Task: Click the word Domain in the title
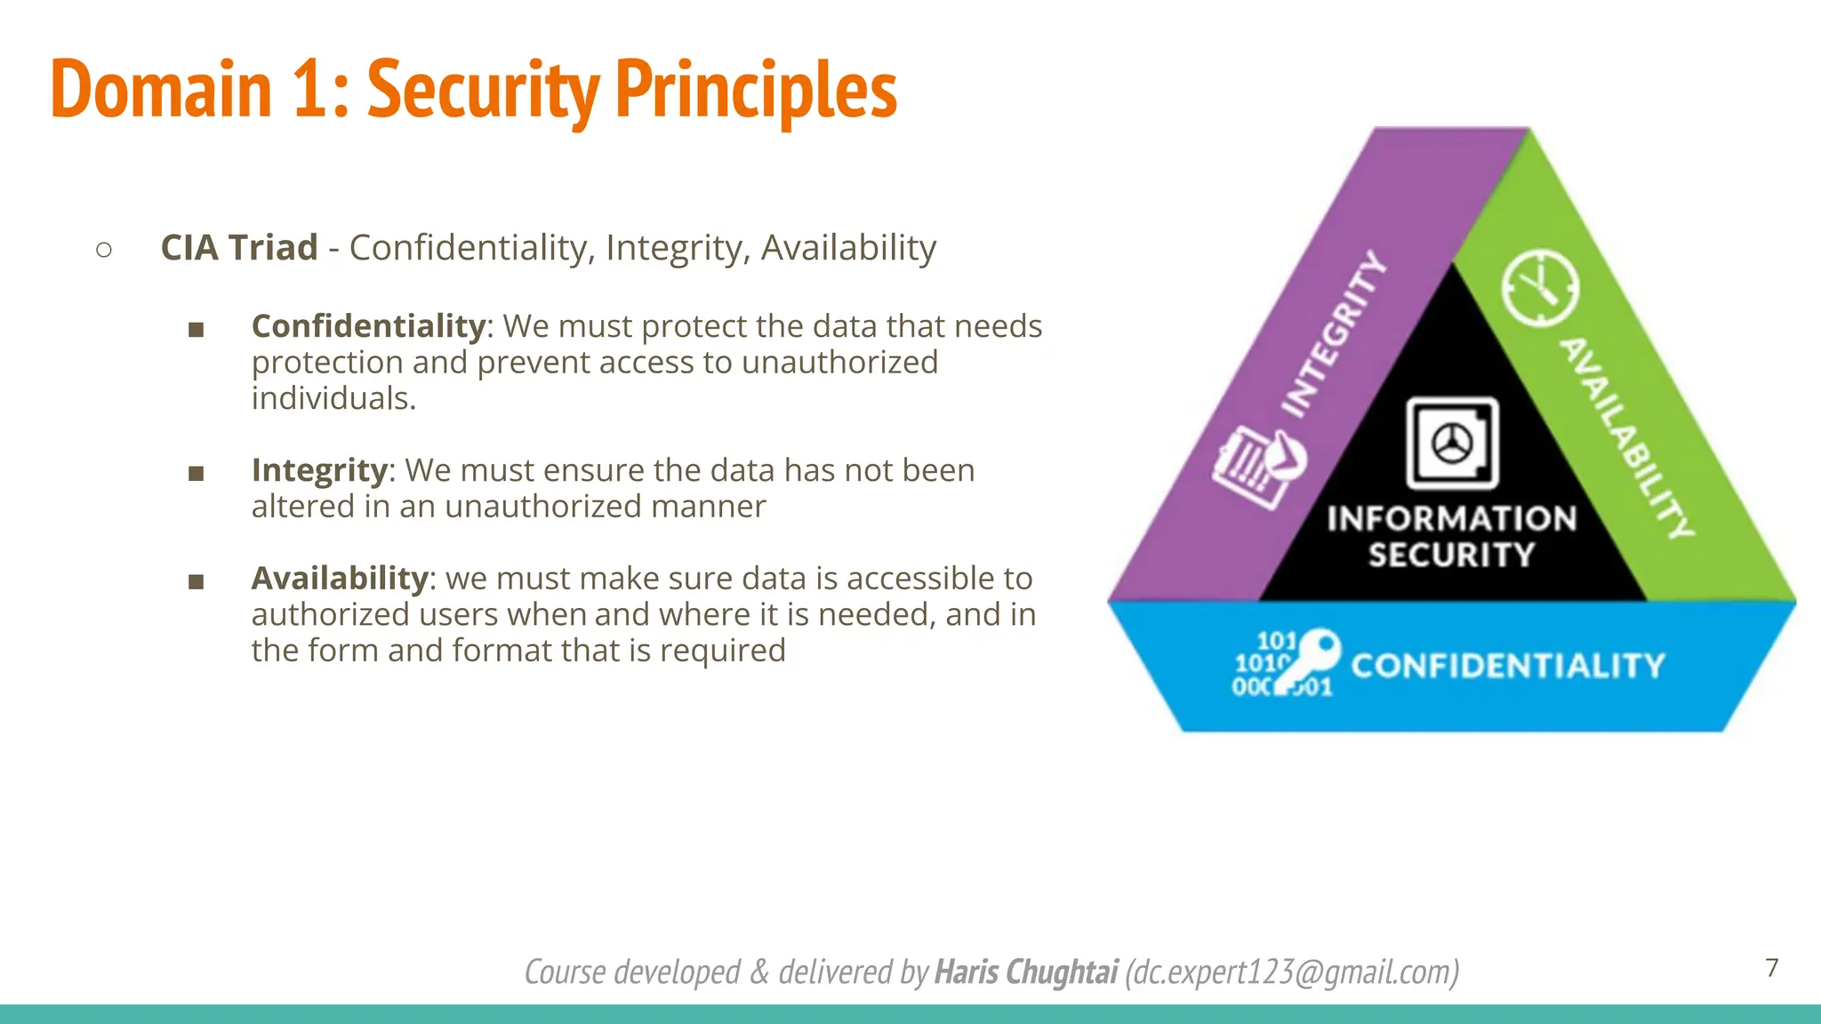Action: click(x=161, y=89)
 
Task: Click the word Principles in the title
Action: click(x=756, y=89)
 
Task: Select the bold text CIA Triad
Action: click(x=238, y=247)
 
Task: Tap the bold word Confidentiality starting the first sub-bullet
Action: click(x=368, y=326)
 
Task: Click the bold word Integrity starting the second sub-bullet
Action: click(x=319, y=470)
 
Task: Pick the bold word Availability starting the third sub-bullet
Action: click(x=340, y=579)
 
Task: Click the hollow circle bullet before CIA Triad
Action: click(x=104, y=250)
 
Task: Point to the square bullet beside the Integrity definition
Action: click(x=197, y=473)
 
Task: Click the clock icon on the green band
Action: click(x=1540, y=288)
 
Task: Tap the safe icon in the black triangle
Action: click(x=1451, y=443)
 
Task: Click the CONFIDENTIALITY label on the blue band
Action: click(x=1507, y=666)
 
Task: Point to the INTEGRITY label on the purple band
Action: click(x=1332, y=335)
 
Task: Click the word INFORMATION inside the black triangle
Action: click(x=1451, y=518)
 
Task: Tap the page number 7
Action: click(x=1771, y=967)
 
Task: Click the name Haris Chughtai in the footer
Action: click(x=1026, y=972)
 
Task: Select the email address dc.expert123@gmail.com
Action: click(x=1291, y=972)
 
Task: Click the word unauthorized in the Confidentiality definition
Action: click(x=839, y=363)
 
